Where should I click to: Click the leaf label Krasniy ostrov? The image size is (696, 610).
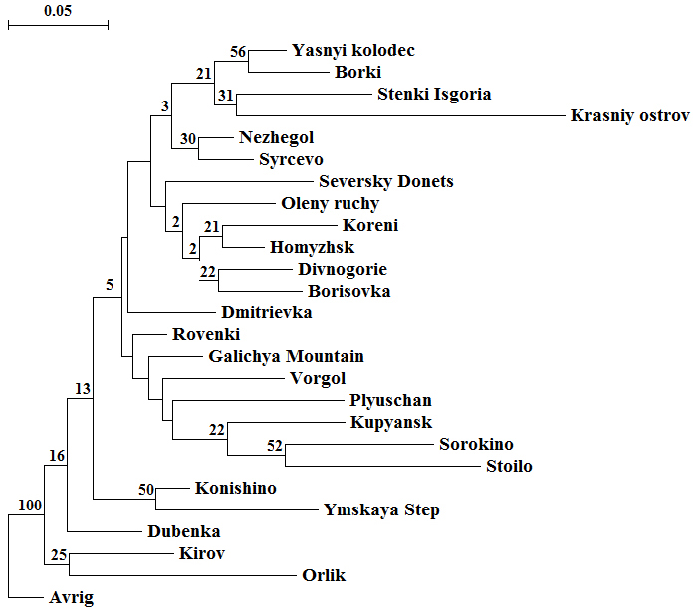[629, 116]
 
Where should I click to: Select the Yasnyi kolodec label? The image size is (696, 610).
[352, 51]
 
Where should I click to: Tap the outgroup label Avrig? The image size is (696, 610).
[71, 598]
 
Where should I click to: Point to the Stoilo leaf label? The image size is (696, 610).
[508, 467]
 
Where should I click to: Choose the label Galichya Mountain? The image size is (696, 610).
[286, 357]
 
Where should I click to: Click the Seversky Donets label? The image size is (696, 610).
[385, 182]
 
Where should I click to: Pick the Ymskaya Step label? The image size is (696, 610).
[381, 510]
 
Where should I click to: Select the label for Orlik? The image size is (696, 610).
[324, 576]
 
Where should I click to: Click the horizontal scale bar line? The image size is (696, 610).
[58, 24]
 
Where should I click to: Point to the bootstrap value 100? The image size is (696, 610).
[30, 506]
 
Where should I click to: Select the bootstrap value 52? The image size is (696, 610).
[275, 446]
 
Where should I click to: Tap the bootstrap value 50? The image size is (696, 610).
[145, 489]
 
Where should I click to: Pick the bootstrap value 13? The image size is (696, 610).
[83, 389]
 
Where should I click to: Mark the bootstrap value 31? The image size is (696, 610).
[226, 96]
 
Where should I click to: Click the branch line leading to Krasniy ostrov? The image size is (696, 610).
[398, 116]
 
